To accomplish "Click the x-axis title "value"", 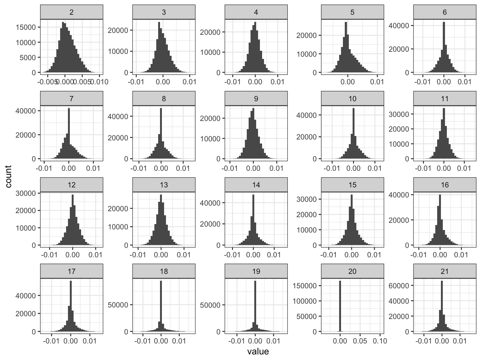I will pyautogui.click(x=258, y=352).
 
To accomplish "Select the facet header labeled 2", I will pyautogui.click(x=72, y=12).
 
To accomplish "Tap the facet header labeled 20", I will pyautogui.click(x=352, y=271).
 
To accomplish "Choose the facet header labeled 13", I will pyautogui.click(x=164, y=185).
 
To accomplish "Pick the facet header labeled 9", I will pyautogui.click(x=256, y=99).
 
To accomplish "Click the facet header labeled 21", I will pyautogui.click(x=445, y=271).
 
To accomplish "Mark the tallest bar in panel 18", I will pyautogui.click(x=161, y=306).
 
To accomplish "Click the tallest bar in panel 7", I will pyautogui.click(x=69, y=133).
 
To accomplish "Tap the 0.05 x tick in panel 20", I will pyautogui.click(x=360, y=341).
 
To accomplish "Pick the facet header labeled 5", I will pyautogui.click(x=352, y=12).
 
